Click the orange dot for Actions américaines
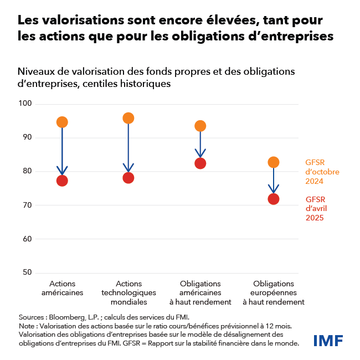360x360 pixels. (62, 122)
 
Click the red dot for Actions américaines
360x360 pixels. (62, 181)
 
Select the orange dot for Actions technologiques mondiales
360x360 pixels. (128, 118)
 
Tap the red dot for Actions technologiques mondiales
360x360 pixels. (128, 178)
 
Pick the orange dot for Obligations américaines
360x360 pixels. (200, 126)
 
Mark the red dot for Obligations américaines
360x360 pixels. (200, 163)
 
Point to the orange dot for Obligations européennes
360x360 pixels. (273, 162)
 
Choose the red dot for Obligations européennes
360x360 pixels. (273, 199)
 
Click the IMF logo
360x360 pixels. (328, 340)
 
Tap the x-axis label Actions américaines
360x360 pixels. (62, 288)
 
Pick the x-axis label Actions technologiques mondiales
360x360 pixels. (128, 293)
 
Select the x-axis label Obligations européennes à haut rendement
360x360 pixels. (273, 293)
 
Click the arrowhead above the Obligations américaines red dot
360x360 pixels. (200, 153)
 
